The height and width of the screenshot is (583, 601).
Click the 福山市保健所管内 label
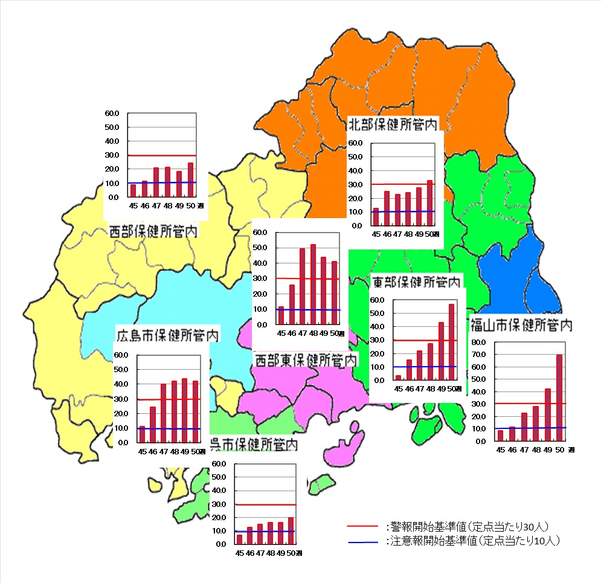click(x=521, y=325)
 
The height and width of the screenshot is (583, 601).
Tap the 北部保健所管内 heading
click(x=393, y=124)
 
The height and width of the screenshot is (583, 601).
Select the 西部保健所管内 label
click(x=153, y=231)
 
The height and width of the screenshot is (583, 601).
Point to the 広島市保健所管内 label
click(x=167, y=334)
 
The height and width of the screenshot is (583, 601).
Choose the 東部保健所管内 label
click(x=417, y=282)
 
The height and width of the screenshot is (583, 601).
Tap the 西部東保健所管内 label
click(x=305, y=361)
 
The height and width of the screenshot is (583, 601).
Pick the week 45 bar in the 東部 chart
click(x=398, y=378)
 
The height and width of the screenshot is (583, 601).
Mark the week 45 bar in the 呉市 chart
click(x=239, y=539)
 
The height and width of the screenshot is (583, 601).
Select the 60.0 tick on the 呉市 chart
click(x=219, y=463)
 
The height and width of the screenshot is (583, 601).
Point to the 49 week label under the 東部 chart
click(x=441, y=388)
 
